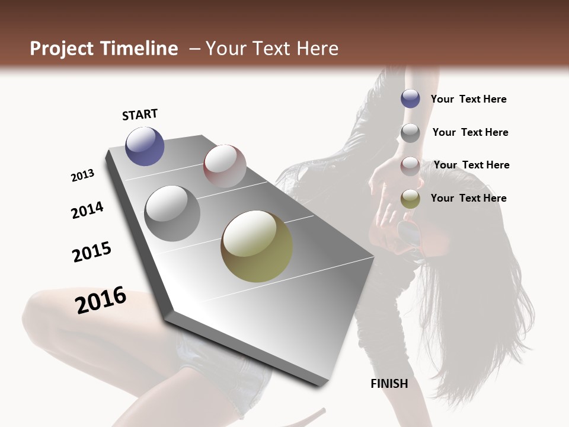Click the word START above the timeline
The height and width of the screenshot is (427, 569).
click(140, 114)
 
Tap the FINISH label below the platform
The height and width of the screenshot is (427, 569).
click(389, 384)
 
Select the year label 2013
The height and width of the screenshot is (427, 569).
click(83, 176)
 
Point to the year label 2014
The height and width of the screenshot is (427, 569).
click(88, 210)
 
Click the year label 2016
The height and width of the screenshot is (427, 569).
click(101, 299)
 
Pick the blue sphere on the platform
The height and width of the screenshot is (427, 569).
click(145, 146)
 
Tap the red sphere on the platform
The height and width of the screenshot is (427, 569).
click(225, 165)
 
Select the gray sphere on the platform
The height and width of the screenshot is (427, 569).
click(172, 213)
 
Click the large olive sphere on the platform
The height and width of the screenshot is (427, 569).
click(257, 246)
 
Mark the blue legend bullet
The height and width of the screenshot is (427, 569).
click(410, 98)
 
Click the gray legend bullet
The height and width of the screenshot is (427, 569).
click(410, 133)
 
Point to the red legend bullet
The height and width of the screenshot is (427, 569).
click(410, 166)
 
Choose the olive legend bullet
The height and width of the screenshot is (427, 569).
click(410, 199)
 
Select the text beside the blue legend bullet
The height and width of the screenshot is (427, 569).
click(468, 99)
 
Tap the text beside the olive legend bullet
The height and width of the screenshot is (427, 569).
click(468, 198)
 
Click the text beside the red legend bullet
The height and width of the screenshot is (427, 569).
click(471, 165)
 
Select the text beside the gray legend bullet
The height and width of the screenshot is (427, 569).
click(470, 132)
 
